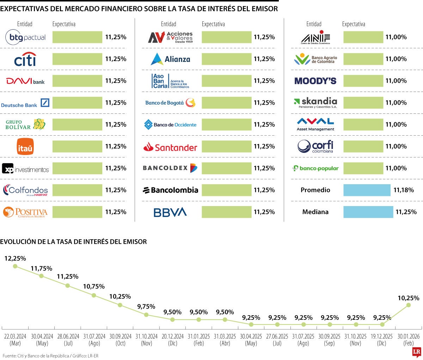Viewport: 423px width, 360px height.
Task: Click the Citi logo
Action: [25, 59]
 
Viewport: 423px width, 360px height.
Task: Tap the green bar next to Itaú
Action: [77, 146]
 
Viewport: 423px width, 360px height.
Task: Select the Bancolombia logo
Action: [170, 190]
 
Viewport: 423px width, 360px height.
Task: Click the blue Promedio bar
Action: [367, 190]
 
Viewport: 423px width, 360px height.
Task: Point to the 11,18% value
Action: [404, 190]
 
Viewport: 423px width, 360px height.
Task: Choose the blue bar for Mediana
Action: [368, 212]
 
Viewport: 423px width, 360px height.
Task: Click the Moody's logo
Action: [315, 81]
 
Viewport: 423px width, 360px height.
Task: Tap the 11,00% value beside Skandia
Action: [396, 103]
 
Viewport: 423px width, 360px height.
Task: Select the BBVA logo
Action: [170, 212]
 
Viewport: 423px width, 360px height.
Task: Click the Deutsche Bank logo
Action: [25, 103]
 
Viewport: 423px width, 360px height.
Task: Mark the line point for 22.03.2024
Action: [15, 266]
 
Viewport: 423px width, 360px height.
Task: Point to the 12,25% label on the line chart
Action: [15, 259]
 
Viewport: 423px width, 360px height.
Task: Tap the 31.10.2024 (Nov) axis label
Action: [146, 340]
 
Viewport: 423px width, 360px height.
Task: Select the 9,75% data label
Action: [146, 307]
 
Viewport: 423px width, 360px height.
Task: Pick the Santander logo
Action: [170, 147]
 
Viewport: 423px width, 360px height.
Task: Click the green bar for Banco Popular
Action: [363, 168]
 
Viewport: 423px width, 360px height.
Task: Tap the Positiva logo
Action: [25, 212]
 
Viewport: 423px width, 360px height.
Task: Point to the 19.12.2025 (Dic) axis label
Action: [382, 340]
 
